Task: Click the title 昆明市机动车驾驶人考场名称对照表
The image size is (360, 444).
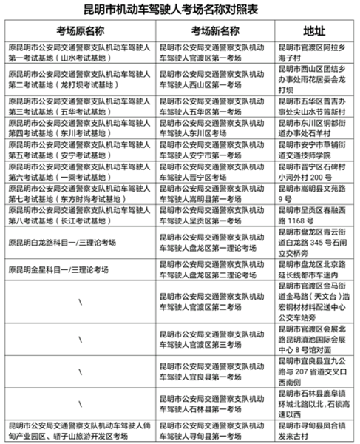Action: [180, 9]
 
